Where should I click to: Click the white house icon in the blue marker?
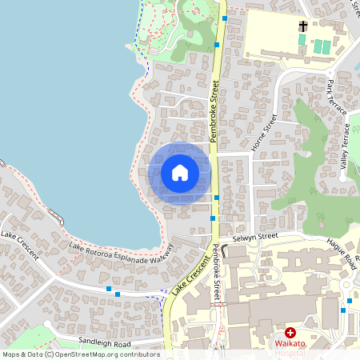(179, 173)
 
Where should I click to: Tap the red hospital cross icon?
(290, 332)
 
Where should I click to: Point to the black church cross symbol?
(303, 27)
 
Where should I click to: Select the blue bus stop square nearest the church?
(225, 17)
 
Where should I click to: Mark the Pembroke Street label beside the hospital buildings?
(217, 271)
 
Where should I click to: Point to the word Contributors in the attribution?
(140, 354)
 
